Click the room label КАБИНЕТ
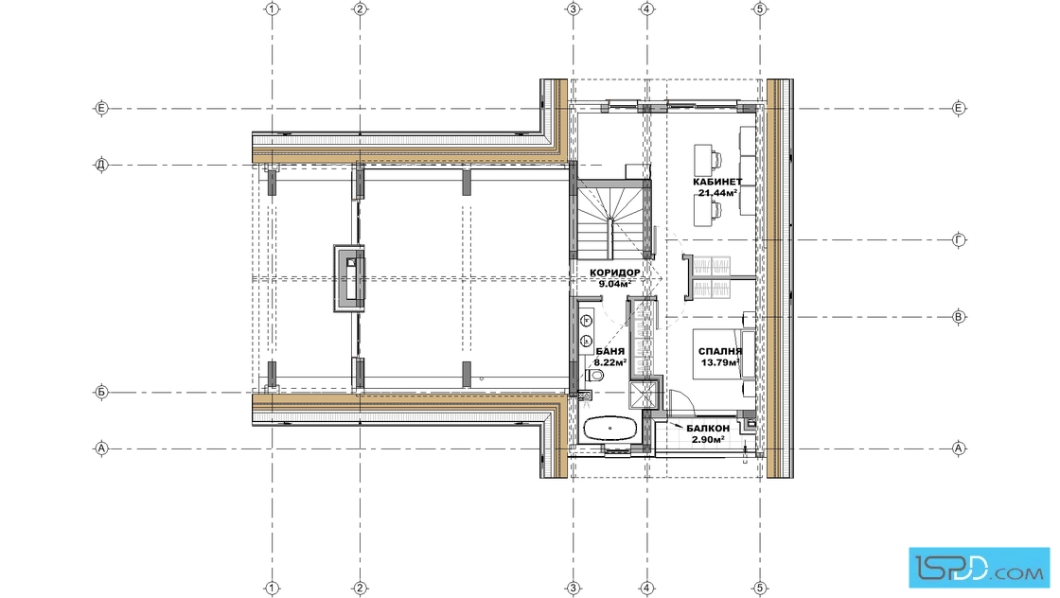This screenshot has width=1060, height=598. click(717, 182)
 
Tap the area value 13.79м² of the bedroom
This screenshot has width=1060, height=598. click(719, 362)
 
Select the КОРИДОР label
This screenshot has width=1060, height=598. click(614, 273)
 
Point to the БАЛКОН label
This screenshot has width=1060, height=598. click(708, 429)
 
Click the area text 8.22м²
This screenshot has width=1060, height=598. click(609, 362)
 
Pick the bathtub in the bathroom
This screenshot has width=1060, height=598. click(610, 429)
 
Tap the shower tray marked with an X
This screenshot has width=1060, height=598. click(643, 395)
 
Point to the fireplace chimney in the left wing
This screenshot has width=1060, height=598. click(349, 278)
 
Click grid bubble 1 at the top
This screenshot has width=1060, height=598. click(272, 9)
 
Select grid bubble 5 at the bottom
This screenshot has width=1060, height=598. click(760, 589)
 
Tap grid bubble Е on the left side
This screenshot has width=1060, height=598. click(100, 108)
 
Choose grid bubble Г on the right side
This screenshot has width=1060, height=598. click(959, 240)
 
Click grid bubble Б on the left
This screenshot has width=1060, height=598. click(100, 392)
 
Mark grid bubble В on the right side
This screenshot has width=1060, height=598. click(959, 317)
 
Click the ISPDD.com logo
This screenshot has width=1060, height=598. click(979, 568)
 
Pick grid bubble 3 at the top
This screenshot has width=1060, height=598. click(574, 9)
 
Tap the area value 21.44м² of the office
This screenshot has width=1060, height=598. click(717, 193)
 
